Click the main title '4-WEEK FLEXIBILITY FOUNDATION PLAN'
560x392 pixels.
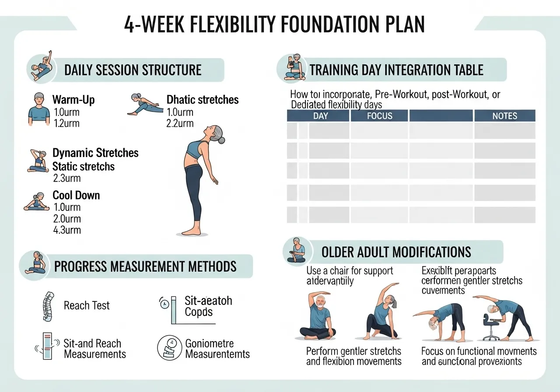click(x=274, y=25)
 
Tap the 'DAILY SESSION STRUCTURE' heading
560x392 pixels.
click(x=133, y=70)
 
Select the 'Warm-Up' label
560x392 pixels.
click(x=73, y=100)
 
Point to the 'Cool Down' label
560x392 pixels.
click(x=76, y=195)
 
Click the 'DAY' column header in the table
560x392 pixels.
click(x=320, y=116)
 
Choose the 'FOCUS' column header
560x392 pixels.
click(x=380, y=116)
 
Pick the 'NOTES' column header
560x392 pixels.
click(x=504, y=116)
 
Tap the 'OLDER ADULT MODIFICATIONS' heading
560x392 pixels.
click(x=396, y=252)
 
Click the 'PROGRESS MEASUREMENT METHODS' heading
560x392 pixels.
click(x=145, y=266)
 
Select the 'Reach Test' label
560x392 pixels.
click(x=87, y=305)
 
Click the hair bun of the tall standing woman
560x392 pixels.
click(x=222, y=140)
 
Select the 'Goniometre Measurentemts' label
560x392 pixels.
click(x=217, y=349)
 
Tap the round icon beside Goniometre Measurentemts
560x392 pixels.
click(x=169, y=348)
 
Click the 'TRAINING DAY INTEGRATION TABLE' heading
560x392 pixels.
click(x=396, y=70)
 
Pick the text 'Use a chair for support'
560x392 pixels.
click(x=350, y=271)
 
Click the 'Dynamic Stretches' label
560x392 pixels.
click(x=95, y=153)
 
